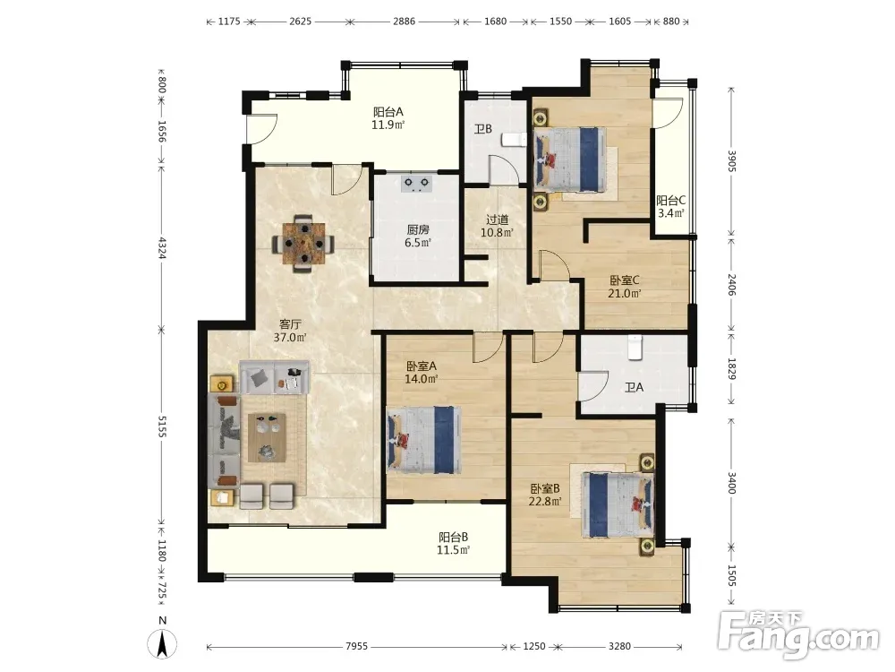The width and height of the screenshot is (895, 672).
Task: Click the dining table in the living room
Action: click(x=303, y=244)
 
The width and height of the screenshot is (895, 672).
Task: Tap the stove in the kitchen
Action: click(x=416, y=184)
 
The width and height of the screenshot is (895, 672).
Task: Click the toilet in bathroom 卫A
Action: click(x=635, y=348)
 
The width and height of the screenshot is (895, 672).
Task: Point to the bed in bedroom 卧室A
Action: click(x=423, y=440)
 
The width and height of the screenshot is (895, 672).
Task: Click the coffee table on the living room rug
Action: click(x=267, y=437)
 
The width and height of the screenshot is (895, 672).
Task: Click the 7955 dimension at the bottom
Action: click(x=357, y=646)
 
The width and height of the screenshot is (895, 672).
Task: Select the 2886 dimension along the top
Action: click(x=405, y=22)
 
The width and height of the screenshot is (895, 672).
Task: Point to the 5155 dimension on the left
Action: click(x=161, y=426)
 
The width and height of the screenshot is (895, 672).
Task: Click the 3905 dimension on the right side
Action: click(x=731, y=160)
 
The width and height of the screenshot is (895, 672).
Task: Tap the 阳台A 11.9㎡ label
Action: click(x=388, y=118)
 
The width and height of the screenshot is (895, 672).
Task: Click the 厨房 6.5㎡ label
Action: click(x=418, y=236)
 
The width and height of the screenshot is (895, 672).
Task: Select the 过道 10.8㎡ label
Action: click(x=497, y=226)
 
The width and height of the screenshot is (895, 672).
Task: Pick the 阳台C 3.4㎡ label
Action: click(x=670, y=207)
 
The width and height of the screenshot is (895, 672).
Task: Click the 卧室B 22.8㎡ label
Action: click(x=545, y=495)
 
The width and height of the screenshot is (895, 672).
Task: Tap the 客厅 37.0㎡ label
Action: click(x=290, y=331)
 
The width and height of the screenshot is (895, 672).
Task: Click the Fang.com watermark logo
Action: click(x=798, y=633)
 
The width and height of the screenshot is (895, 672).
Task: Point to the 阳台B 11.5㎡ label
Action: click(x=453, y=544)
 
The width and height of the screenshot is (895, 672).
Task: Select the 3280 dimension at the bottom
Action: click(x=619, y=646)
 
